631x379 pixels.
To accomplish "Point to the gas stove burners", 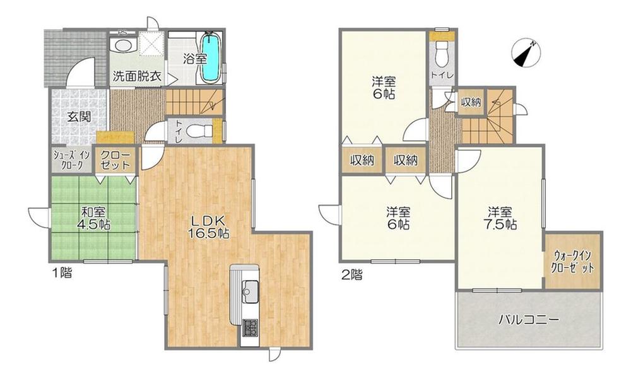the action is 251,327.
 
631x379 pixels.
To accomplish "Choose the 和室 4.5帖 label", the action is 94,218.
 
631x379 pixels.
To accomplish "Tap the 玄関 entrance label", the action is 79,117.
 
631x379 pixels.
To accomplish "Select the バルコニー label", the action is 529,320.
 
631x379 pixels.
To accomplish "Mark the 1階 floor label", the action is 62,273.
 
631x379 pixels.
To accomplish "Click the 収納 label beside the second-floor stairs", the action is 471,102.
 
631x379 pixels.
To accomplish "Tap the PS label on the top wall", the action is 121,32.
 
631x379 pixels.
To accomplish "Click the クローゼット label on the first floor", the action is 115,160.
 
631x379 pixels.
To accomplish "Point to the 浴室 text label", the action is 195,59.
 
